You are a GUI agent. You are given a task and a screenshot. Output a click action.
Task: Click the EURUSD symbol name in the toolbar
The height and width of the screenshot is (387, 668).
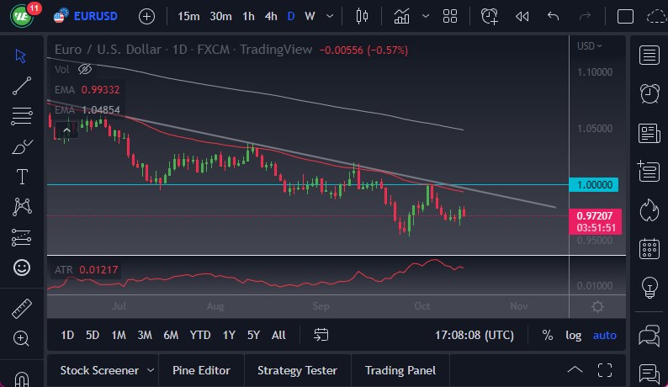click(95, 16)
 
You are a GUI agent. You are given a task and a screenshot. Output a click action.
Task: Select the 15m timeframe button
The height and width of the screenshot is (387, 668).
click(189, 16)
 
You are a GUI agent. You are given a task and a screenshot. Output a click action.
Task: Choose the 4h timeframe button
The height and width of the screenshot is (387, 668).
click(271, 16)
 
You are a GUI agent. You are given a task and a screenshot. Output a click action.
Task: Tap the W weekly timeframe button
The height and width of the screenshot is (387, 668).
click(310, 16)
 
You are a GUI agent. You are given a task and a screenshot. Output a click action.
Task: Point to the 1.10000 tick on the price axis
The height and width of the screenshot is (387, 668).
click(594, 72)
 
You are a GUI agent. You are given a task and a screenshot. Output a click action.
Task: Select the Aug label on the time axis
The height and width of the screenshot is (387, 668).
click(216, 306)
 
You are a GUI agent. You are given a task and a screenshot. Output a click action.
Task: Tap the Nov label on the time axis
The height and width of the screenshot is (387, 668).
click(518, 306)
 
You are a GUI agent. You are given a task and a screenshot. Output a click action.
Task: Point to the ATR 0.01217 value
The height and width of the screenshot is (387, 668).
click(98, 269)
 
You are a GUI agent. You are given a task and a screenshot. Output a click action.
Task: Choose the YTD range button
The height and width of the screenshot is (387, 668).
click(200, 335)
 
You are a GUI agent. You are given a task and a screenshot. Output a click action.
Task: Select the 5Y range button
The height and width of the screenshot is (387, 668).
click(253, 335)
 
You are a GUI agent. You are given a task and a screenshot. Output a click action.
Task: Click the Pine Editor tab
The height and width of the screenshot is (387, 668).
click(202, 370)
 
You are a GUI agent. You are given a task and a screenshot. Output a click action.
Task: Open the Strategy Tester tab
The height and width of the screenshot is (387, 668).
click(297, 370)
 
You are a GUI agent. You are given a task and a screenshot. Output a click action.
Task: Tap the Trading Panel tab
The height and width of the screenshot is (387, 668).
click(400, 370)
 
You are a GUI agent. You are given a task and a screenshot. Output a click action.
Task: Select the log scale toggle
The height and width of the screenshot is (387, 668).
click(573, 335)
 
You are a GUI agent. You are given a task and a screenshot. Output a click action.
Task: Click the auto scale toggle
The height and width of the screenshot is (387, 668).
click(604, 335)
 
